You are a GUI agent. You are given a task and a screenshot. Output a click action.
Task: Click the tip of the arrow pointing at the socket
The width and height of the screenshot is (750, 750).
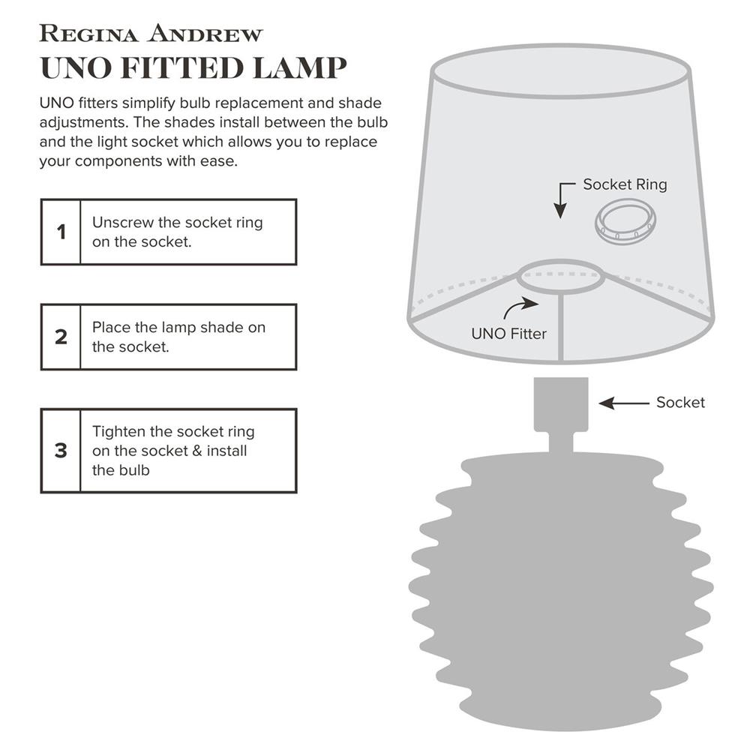coord(598,403)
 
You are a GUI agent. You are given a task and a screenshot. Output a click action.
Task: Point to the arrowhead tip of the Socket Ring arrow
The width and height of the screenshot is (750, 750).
coord(560,219)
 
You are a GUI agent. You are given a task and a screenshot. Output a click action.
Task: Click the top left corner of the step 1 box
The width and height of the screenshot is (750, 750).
coord(41,199)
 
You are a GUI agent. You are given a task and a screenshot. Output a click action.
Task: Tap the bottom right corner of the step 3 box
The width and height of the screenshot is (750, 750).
coord(296,492)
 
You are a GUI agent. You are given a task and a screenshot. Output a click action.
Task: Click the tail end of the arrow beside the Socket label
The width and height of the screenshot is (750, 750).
coord(649,403)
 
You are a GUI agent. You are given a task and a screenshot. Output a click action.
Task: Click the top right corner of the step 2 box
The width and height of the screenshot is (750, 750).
coord(296,304)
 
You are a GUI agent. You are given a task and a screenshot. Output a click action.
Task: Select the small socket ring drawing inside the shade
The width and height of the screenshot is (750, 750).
coord(625,222)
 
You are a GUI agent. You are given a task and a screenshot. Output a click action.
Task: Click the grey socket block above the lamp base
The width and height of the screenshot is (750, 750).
coord(561,405)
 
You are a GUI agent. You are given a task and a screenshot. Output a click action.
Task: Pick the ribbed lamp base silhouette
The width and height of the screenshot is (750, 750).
coord(561,593)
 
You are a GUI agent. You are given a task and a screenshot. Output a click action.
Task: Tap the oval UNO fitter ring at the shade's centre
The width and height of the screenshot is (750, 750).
coord(560,277)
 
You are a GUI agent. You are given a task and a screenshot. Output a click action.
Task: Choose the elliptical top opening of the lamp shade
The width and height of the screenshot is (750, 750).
coord(560,71)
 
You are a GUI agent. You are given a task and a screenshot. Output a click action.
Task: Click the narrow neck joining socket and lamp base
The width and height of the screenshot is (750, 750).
coord(561,443)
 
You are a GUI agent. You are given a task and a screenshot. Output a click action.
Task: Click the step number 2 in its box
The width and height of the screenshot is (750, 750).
coord(61,337)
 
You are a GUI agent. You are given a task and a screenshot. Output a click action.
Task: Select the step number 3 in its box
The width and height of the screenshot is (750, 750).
coord(61,451)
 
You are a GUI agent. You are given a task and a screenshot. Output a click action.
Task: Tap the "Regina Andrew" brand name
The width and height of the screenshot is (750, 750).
coord(151,34)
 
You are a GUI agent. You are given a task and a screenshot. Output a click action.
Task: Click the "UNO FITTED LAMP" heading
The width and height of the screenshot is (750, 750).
coord(193,67)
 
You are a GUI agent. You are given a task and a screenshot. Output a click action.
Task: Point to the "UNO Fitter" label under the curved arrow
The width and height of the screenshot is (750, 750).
coord(509,334)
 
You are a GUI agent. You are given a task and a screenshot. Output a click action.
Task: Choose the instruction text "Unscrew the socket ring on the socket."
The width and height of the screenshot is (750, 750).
coord(178,232)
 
